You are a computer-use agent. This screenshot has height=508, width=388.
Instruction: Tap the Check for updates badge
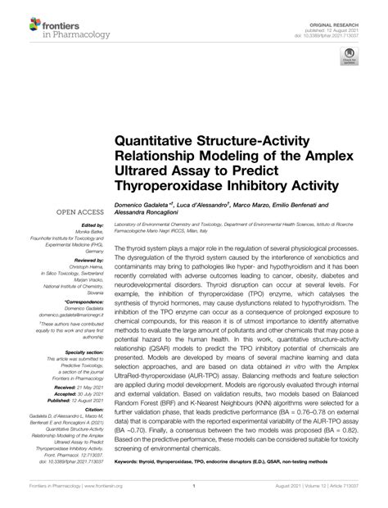coord(349,57)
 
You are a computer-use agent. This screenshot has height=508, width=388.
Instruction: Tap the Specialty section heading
coord(83,351)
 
